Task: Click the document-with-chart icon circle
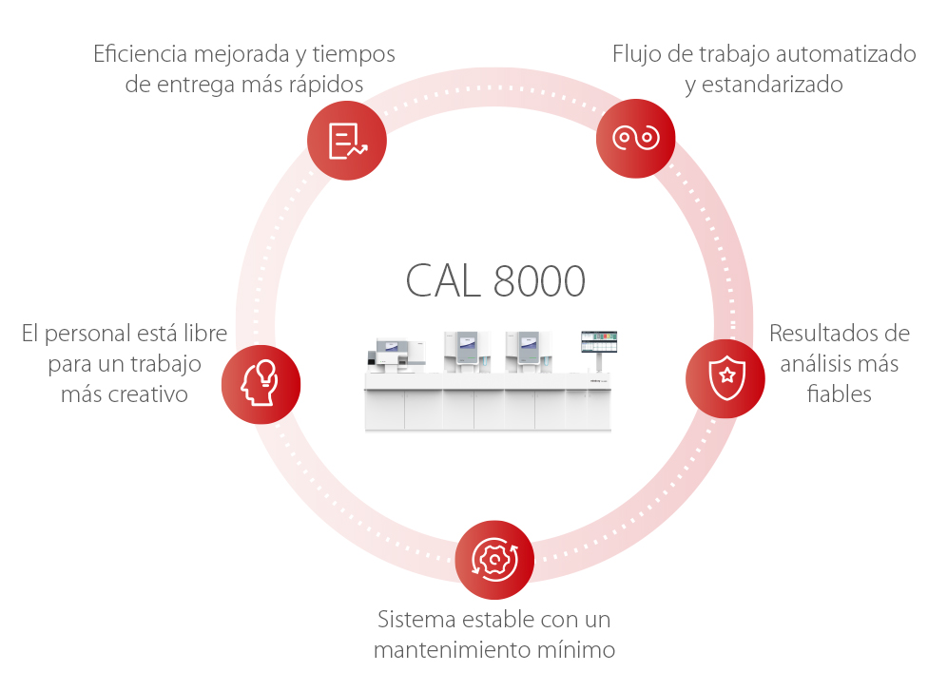point(346,140)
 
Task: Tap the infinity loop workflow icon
point(635,138)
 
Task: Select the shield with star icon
point(725,377)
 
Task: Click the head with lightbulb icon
point(261,384)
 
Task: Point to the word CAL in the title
point(442,281)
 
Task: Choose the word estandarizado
point(773,85)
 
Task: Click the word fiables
point(839,393)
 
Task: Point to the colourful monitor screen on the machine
point(599,342)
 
